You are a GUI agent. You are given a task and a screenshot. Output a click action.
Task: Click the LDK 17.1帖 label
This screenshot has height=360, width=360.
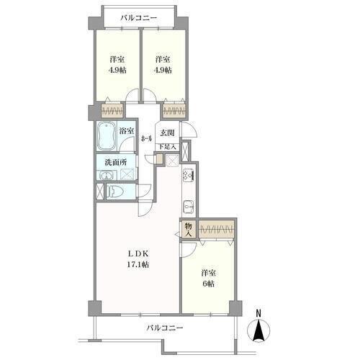(x=138, y=259)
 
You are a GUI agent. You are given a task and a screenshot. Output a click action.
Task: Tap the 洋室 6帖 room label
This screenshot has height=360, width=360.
(x=208, y=279)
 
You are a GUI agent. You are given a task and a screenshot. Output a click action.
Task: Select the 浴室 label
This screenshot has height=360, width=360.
(x=127, y=131)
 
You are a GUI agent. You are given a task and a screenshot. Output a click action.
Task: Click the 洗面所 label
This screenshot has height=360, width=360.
(x=116, y=162)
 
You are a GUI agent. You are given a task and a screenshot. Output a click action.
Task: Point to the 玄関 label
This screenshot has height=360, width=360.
(x=167, y=132)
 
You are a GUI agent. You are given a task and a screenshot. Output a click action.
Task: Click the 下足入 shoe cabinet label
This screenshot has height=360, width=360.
(x=168, y=147)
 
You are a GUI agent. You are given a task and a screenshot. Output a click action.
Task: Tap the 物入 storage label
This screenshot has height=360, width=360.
(x=189, y=230)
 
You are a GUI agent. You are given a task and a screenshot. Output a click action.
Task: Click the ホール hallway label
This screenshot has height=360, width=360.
(x=146, y=138)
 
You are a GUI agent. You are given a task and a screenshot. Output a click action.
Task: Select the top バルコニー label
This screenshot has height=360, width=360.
(x=139, y=18)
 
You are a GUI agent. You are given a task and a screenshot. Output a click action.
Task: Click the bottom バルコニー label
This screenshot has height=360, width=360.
(x=165, y=328)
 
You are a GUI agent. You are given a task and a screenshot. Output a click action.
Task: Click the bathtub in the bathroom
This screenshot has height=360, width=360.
(x=106, y=136)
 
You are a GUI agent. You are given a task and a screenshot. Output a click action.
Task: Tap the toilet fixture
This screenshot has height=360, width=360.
(x=116, y=192)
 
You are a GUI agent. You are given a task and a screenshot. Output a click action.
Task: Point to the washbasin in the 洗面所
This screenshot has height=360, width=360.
(x=107, y=175)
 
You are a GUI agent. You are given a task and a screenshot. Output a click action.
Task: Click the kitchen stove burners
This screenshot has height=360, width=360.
(x=188, y=175)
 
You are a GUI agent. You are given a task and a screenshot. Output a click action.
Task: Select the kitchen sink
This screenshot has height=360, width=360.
(x=189, y=207)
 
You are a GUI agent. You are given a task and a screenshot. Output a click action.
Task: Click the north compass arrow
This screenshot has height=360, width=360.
(x=258, y=330)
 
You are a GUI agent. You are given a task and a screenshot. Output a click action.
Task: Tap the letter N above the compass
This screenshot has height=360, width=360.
(x=258, y=313)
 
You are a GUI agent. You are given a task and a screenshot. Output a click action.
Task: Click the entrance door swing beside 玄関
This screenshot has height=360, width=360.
(x=189, y=129)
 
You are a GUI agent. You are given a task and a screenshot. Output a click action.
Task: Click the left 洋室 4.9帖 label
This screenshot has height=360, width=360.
(x=117, y=65)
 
